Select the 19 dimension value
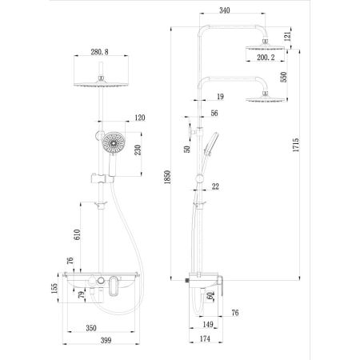click(x=218, y=95)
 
